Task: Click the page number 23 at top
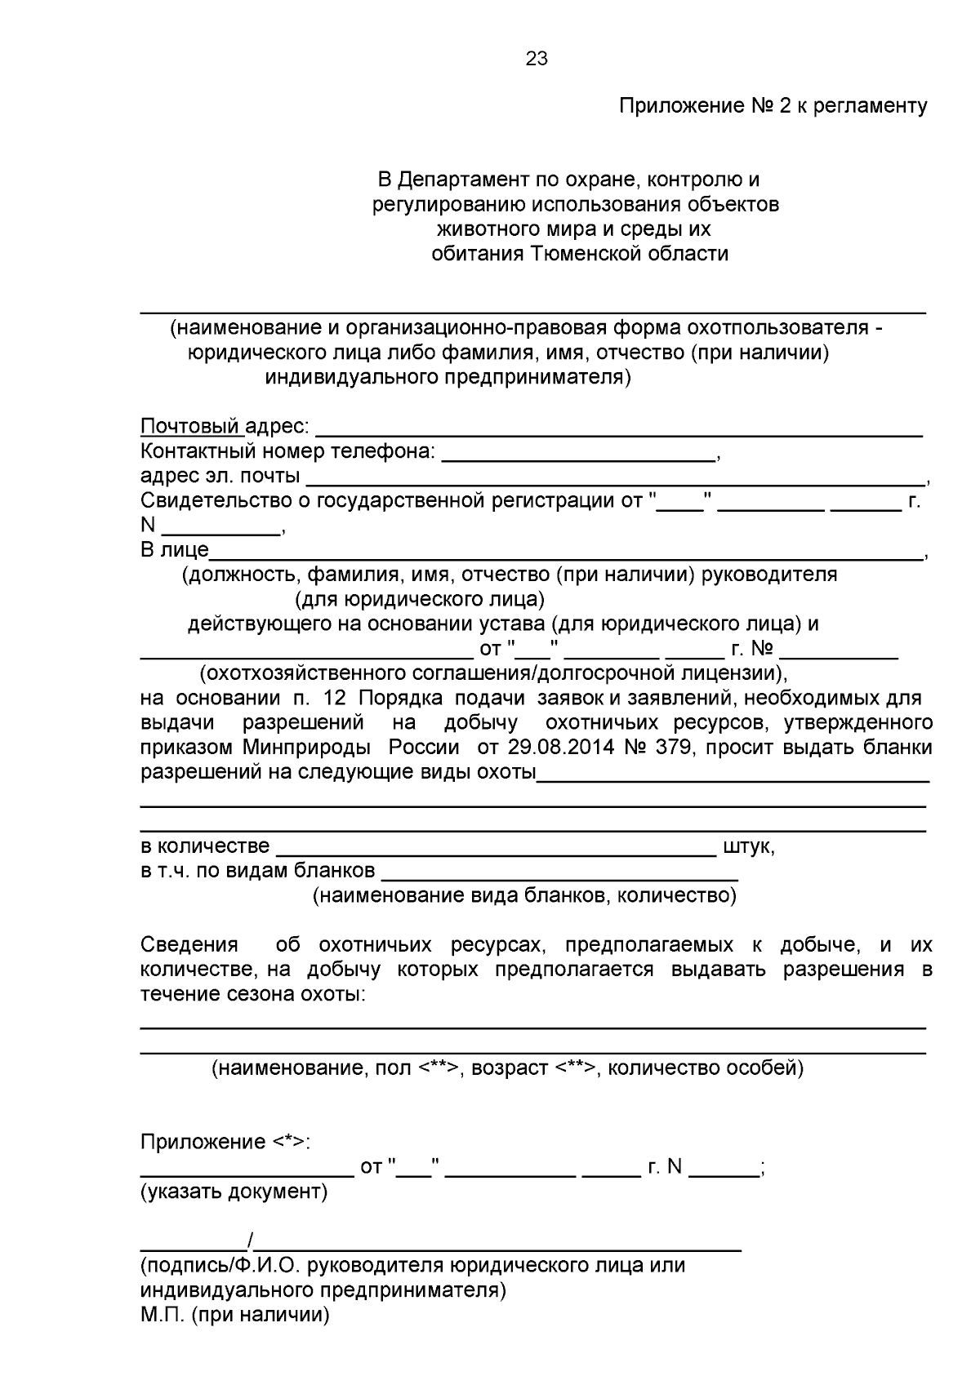[x=537, y=59]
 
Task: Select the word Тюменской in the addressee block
[x=586, y=254]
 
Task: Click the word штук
[x=746, y=847]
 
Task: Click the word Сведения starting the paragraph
[x=189, y=945]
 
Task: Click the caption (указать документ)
[x=234, y=1192]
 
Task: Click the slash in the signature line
[x=251, y=1242]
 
